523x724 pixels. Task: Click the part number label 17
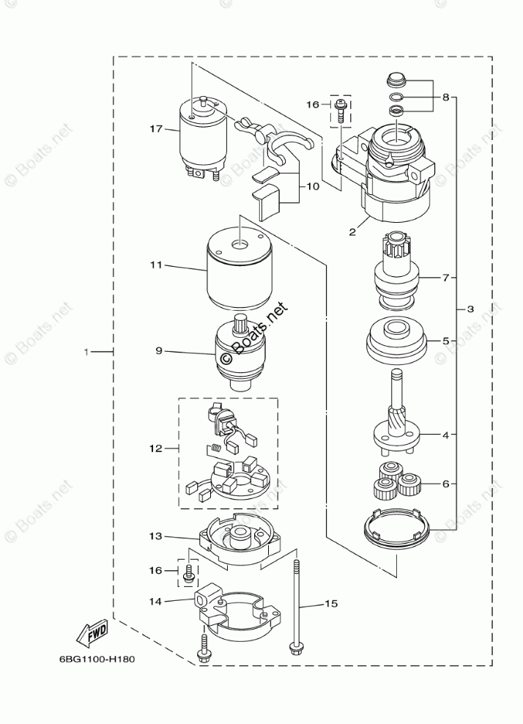tap(155, 130)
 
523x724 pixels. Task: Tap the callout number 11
tap(155, 265)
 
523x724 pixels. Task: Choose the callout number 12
tap(155, 448)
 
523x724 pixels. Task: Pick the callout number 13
tap(155, 536)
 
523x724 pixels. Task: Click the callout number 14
tap(155, 601)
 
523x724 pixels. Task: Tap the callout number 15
tap(331, 604)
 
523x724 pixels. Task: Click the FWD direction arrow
tap(91, 631)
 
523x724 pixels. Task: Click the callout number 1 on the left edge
tap(86, 353)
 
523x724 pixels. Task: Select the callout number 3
tap(470, 309)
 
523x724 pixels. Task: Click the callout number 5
tap(444, 341)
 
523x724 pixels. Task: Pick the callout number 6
tap(444, 484)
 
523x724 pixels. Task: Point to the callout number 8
tap(444, 97)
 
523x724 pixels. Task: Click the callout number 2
tap(352, 232)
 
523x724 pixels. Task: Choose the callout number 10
tap(313, 187)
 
